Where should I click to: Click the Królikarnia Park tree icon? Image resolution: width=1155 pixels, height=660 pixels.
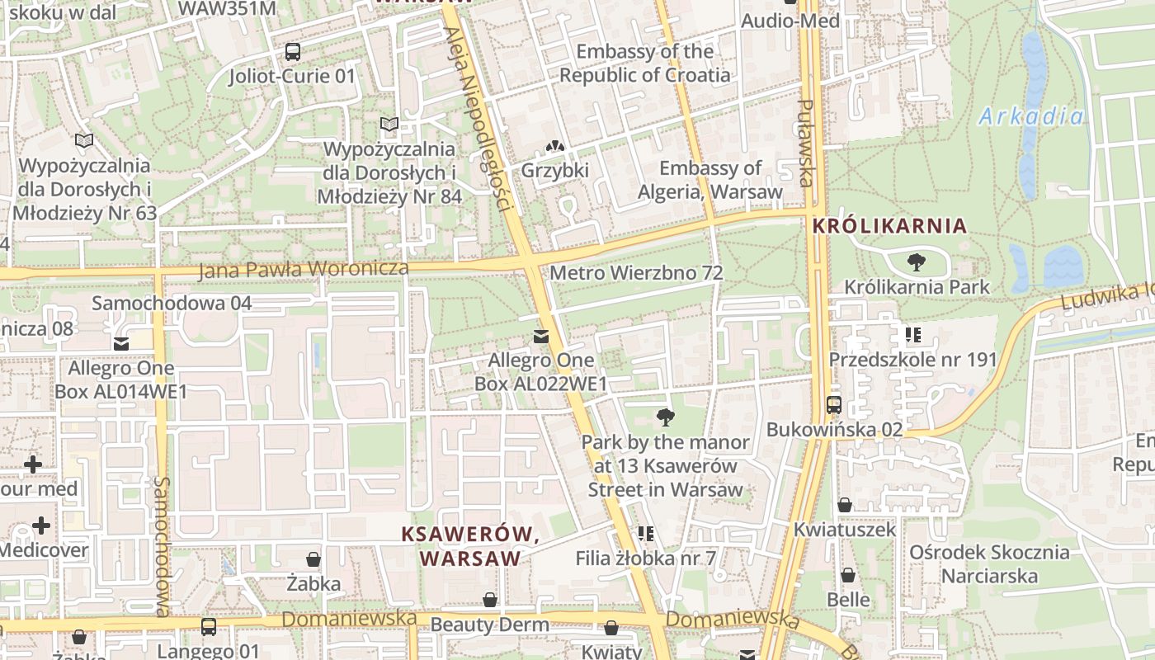pos(916,263)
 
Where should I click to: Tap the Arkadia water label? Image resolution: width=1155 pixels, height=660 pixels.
pos(1031,116)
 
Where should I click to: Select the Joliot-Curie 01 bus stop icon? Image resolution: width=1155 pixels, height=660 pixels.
pos(292,52)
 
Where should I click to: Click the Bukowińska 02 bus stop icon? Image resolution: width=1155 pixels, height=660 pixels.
pos(834,405)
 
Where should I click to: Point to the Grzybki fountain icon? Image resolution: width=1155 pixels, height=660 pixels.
pos(555,146)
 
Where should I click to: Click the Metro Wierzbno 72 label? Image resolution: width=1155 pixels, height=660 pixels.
pos(636,272)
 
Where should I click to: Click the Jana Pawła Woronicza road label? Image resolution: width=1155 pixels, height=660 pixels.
pos(304,269)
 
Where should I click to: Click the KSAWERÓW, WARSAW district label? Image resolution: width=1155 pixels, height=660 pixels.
pos(470,546)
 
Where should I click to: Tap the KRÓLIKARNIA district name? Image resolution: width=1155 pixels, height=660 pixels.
pos(889,225)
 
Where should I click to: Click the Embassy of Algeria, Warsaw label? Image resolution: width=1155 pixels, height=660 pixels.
pos(709,180)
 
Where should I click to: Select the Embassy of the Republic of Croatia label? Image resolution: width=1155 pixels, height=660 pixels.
pos(644,63)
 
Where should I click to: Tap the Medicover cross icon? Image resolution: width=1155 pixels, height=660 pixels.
pos(40,526)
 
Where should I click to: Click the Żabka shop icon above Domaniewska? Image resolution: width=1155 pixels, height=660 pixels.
pos(313,559)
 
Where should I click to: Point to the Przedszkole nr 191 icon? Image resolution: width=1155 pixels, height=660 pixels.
pos(912,335)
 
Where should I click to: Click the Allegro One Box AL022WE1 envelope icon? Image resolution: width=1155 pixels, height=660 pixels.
pos(541,336)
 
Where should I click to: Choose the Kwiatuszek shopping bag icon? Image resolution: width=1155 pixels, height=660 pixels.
pos(845,505)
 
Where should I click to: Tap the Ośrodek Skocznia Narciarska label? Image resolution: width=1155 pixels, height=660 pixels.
pos(990,563)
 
